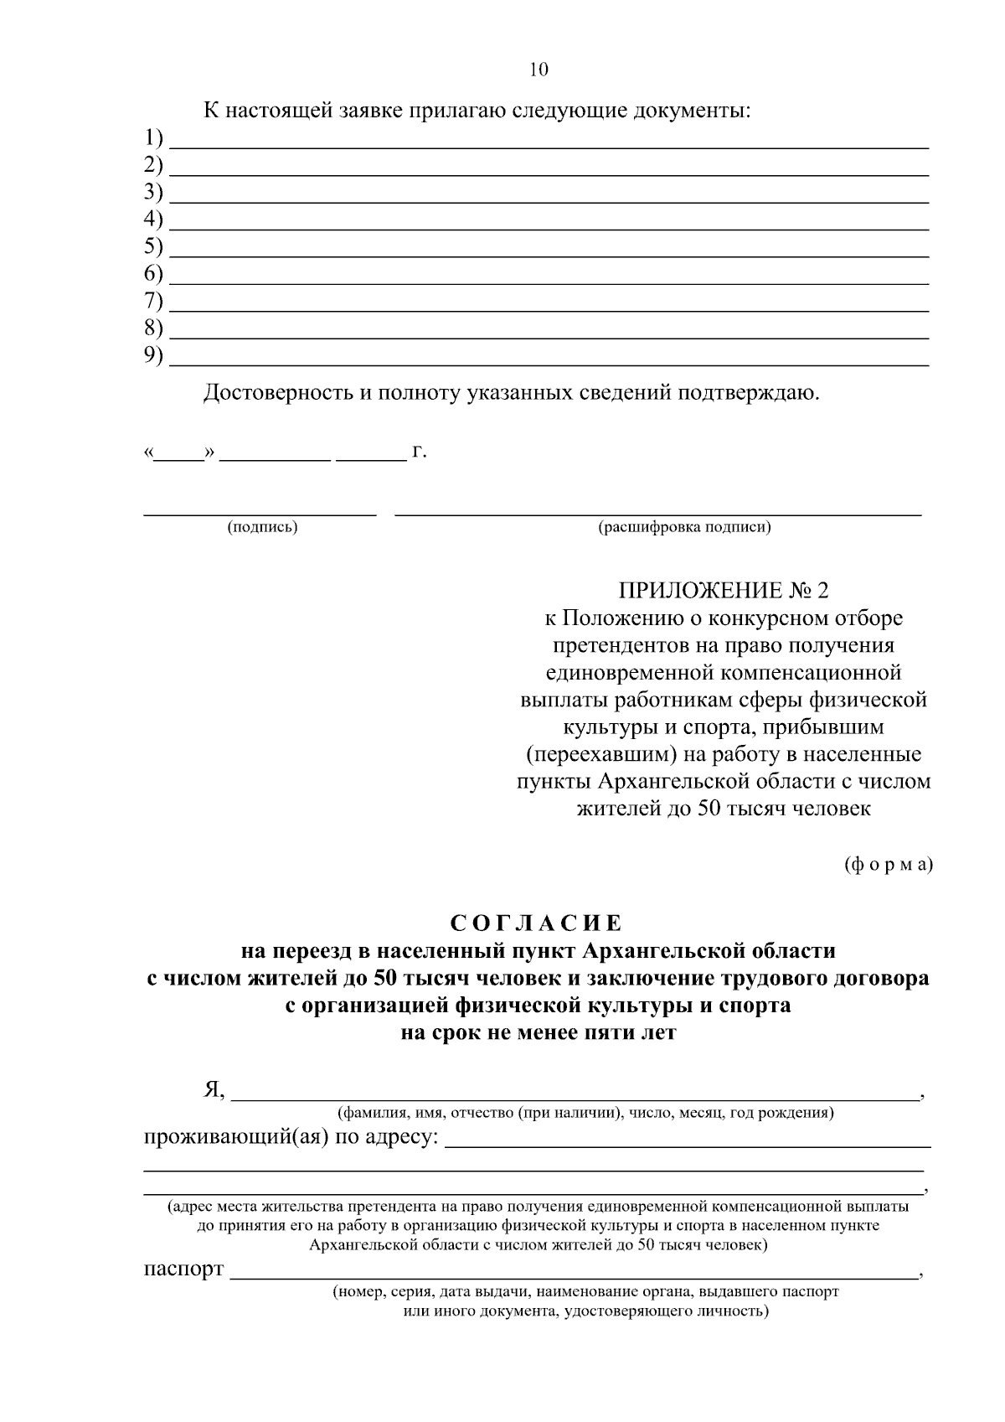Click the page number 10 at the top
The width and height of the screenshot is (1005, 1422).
tap(539, 70)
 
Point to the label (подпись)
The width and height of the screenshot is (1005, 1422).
tap(262, 527)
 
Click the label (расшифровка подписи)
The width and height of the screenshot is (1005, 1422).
tap(684, 527)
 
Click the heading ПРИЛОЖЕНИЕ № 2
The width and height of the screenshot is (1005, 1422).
tap(722, 591)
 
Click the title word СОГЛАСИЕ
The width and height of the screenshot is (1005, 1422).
tap(537, 923)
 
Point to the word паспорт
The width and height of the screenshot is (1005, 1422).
tap(183, 1269)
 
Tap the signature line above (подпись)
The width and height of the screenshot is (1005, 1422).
tap(260, 512)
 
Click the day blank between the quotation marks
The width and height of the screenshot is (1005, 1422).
tap(180, 458)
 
